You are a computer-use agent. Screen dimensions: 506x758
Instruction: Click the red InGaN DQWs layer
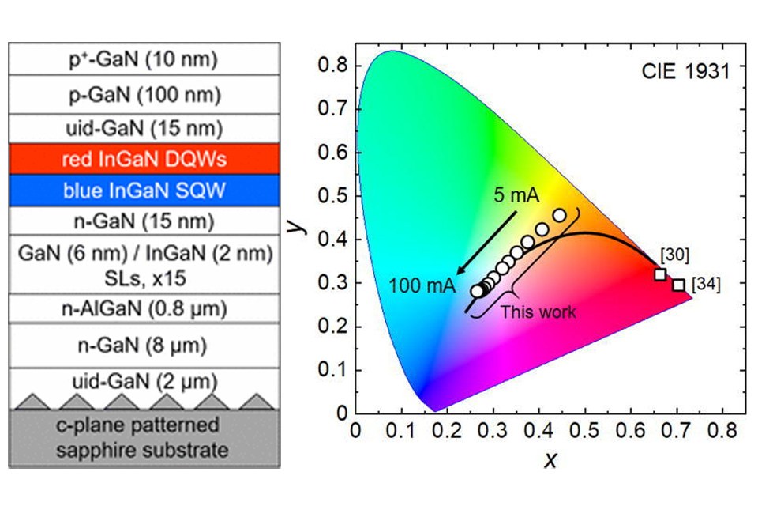144,159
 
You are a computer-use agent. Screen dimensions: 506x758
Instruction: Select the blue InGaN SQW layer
144,191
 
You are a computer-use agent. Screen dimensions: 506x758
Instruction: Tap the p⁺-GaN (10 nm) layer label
144,59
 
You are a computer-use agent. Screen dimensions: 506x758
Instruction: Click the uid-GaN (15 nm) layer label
144,127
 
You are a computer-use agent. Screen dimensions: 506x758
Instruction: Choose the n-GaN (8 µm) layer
144,346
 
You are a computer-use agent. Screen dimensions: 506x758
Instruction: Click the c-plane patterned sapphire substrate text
144,438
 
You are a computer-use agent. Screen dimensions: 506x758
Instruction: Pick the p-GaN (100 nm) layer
144,94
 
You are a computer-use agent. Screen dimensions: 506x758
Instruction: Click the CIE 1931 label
685,70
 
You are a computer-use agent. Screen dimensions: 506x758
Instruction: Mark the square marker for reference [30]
660,274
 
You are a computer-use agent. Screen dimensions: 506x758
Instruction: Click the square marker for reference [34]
679,285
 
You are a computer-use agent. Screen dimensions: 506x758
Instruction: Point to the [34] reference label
706,284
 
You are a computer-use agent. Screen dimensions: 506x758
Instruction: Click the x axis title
550,459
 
